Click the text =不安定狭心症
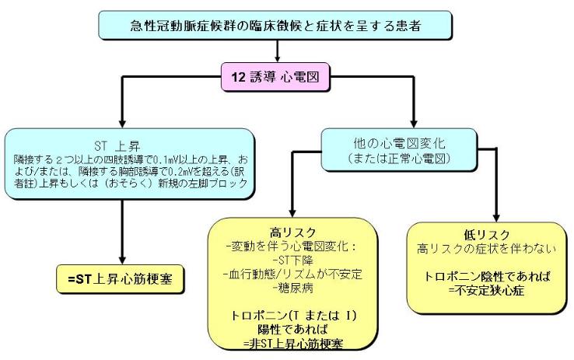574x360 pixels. pos(485,289)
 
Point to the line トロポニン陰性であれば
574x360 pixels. pos(485,276)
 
